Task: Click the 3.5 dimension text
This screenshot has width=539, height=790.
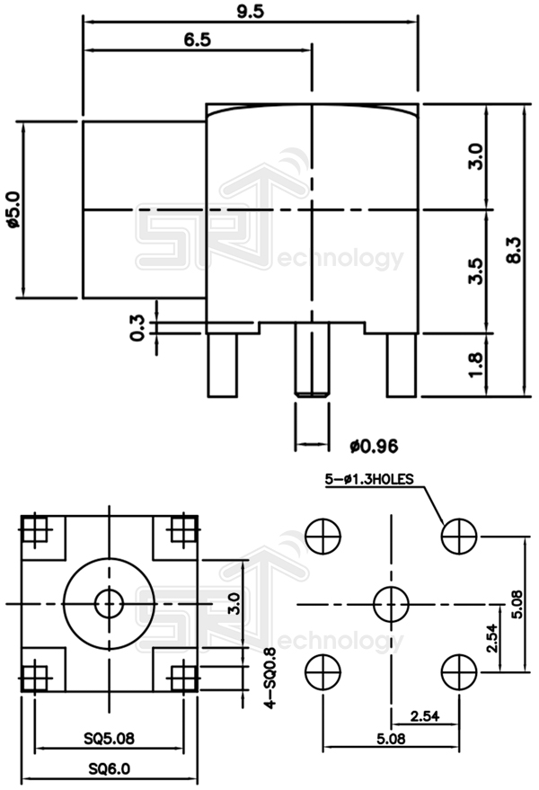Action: tap(475, 271)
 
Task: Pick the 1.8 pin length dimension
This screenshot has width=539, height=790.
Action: tap(475, 364)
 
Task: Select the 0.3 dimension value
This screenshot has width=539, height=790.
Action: tap(137, 327)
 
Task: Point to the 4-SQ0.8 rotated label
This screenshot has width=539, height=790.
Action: tap(267, 679)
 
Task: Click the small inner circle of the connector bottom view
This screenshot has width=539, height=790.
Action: tap(110, 603)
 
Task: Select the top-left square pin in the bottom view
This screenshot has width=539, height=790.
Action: tap(36, 530)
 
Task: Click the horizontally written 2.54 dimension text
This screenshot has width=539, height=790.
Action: tap(425, 715)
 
